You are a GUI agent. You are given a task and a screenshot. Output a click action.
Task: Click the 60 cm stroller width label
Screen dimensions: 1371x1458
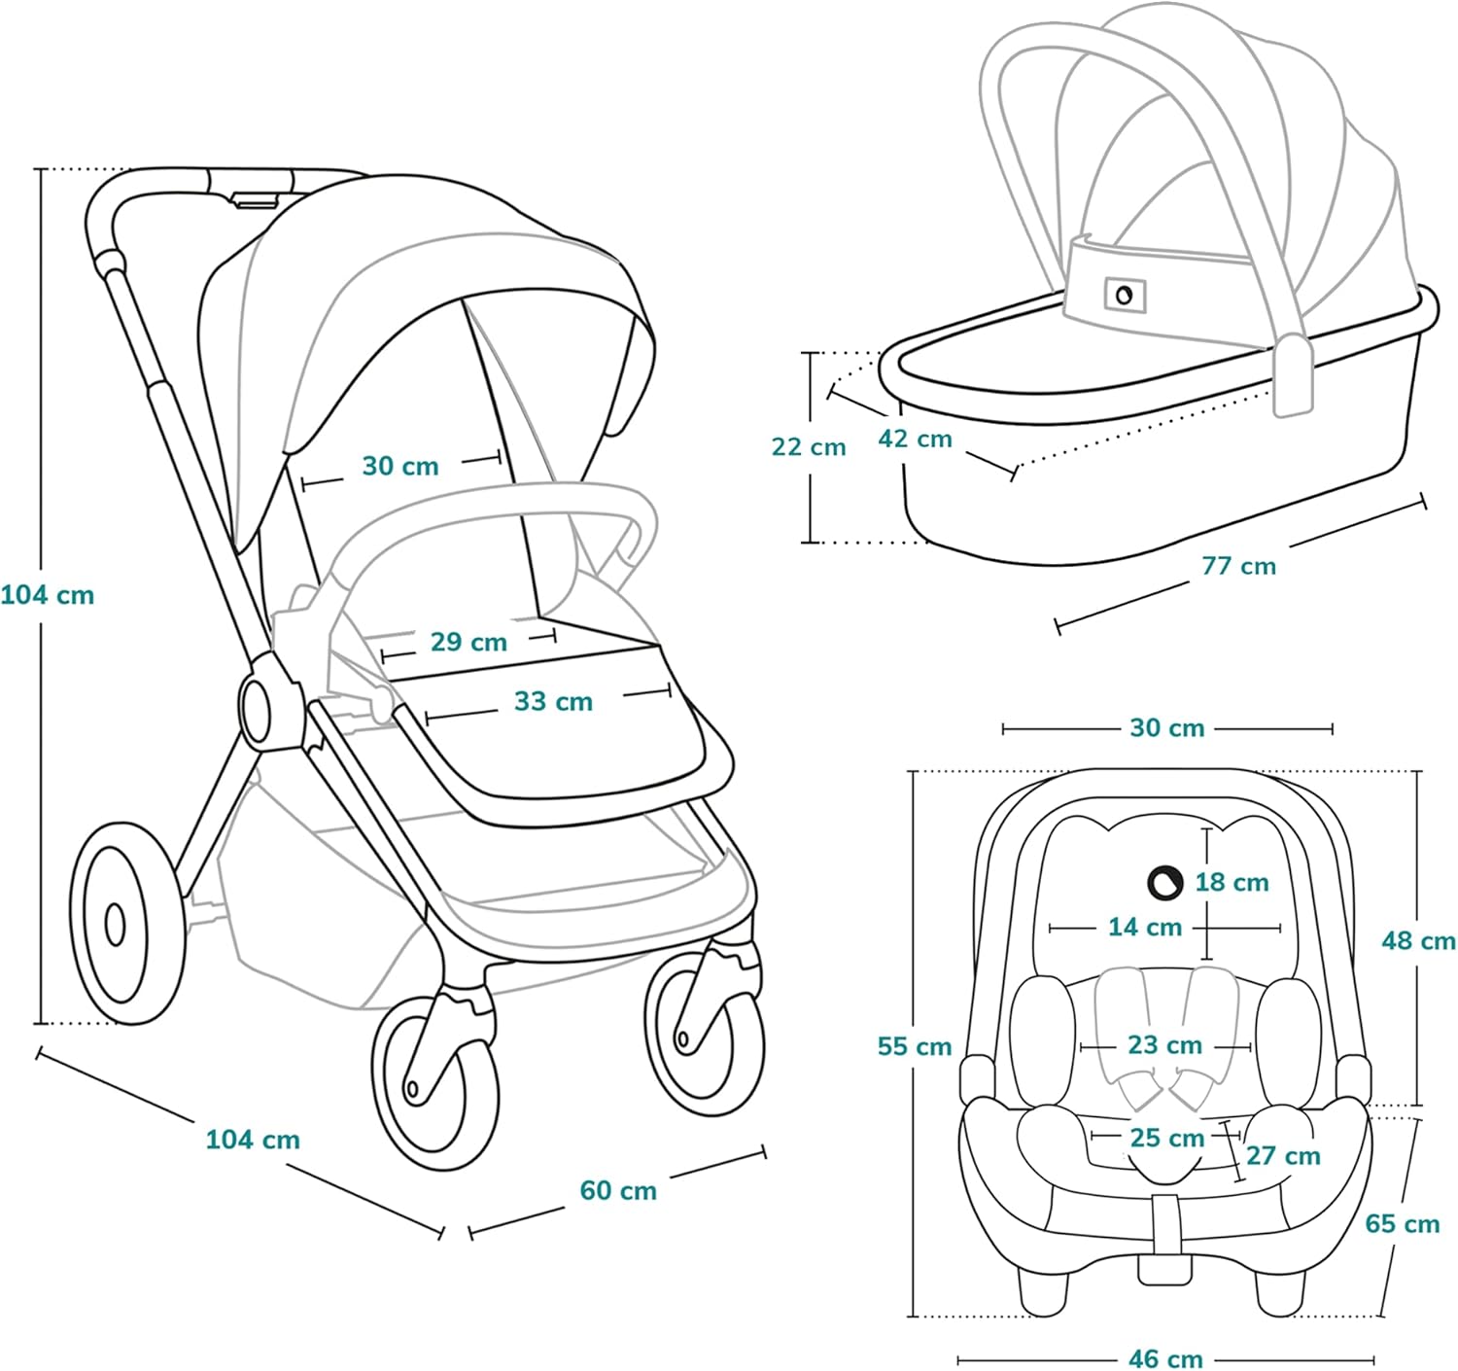618,1190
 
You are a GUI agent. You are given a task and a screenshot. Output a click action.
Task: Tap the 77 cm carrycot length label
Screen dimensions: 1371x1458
1238,566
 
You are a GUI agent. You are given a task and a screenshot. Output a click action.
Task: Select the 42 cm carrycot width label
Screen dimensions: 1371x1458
915,439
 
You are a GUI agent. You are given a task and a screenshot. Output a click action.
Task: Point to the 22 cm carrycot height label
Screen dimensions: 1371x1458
809,447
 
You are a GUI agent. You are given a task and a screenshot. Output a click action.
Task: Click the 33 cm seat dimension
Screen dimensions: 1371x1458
553,701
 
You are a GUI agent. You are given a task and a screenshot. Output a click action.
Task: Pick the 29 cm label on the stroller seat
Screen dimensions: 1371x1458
469,642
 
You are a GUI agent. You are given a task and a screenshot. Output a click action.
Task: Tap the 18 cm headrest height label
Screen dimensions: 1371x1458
1232,882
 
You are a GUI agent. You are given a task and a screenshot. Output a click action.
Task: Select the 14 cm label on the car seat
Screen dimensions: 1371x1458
1145,927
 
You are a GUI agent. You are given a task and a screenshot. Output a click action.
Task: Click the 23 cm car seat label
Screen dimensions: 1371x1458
1164,1045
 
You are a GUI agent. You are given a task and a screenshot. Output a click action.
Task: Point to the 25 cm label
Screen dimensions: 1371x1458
1166,1137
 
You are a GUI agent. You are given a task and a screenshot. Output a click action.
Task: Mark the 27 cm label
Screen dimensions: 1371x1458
1283,1156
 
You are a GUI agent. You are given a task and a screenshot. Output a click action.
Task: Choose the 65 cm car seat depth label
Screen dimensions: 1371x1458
1402,1223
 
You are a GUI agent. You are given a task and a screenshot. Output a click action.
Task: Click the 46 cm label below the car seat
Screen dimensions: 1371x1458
1165,1357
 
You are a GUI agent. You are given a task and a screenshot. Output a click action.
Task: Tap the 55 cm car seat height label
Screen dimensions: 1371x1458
915,1046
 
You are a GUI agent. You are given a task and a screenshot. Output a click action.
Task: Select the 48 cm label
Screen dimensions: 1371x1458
1418,940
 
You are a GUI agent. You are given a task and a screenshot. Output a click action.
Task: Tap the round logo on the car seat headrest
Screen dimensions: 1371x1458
1163,882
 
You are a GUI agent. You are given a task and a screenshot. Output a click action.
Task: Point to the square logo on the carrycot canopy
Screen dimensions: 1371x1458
1125,295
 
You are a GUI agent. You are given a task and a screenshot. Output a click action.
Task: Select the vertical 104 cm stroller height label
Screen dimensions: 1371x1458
48,594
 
